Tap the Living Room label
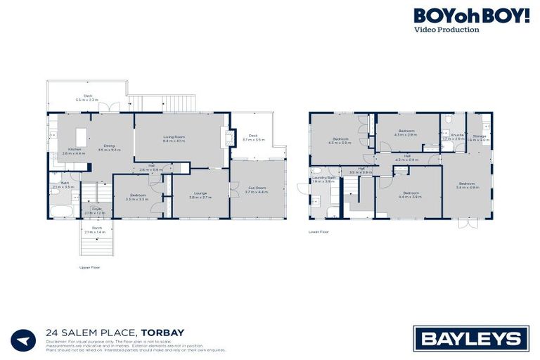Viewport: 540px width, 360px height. [174, 139]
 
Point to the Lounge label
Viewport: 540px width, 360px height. [200, 196]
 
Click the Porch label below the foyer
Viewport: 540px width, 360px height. [94, 230]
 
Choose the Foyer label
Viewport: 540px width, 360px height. [94, 210]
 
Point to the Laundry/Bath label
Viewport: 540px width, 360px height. [323, 179]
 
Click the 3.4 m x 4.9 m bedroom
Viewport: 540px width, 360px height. [467, 186]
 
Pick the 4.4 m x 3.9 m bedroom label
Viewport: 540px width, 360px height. [411, 194]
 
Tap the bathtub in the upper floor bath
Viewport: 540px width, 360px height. [62, 211]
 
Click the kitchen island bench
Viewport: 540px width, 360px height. [81, 135]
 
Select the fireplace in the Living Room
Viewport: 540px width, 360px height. [226, 138]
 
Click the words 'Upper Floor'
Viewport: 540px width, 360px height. [89, 268]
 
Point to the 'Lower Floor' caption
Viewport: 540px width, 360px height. [318, 231]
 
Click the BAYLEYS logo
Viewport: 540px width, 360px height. [471, 338]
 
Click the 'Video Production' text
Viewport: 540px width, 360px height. [446, 30]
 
